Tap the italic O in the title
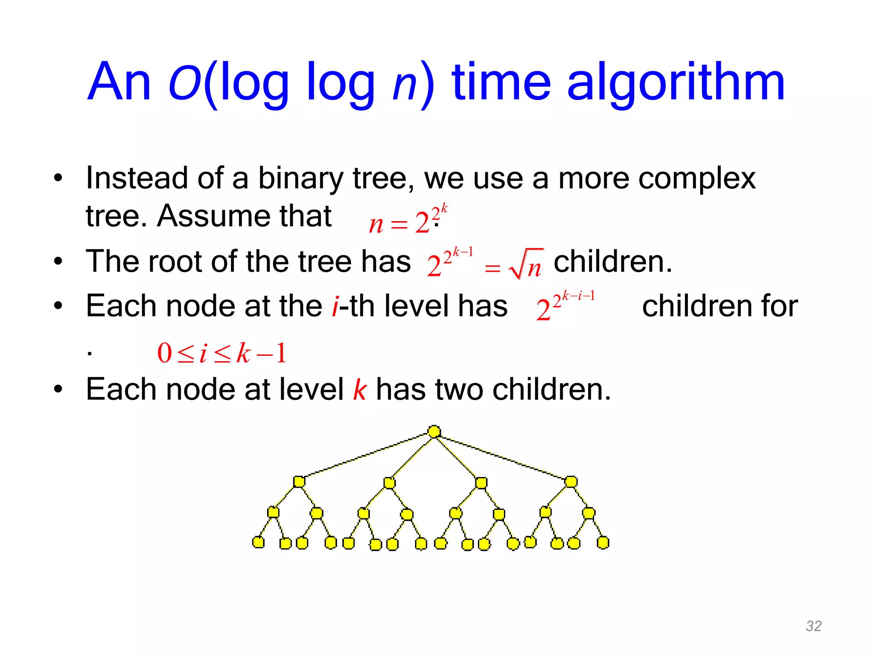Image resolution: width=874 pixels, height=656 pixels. [x=185, y=82]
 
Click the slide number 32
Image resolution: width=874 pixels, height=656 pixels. [x=813, y=626]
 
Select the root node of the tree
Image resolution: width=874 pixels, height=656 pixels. [x=434, y=431]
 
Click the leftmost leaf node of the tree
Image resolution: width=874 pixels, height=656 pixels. [x=258, y=542]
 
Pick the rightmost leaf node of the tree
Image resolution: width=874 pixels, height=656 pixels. [x=603, y=543]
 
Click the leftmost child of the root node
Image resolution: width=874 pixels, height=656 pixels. [x=299, y=482]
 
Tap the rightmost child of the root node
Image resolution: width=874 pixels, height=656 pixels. [x=571, y=482]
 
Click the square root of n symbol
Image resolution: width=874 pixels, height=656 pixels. [x=526, y=265]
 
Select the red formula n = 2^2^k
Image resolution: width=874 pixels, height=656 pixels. [x=408, y=220]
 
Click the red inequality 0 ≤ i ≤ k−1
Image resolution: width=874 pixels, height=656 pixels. [x=221, y=353]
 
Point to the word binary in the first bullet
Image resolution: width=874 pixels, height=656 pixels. [x=300, y=178]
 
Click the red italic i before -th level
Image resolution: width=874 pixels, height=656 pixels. [x=335, y=306]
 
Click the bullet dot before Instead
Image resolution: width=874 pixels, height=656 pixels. [x=58, y=178]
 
